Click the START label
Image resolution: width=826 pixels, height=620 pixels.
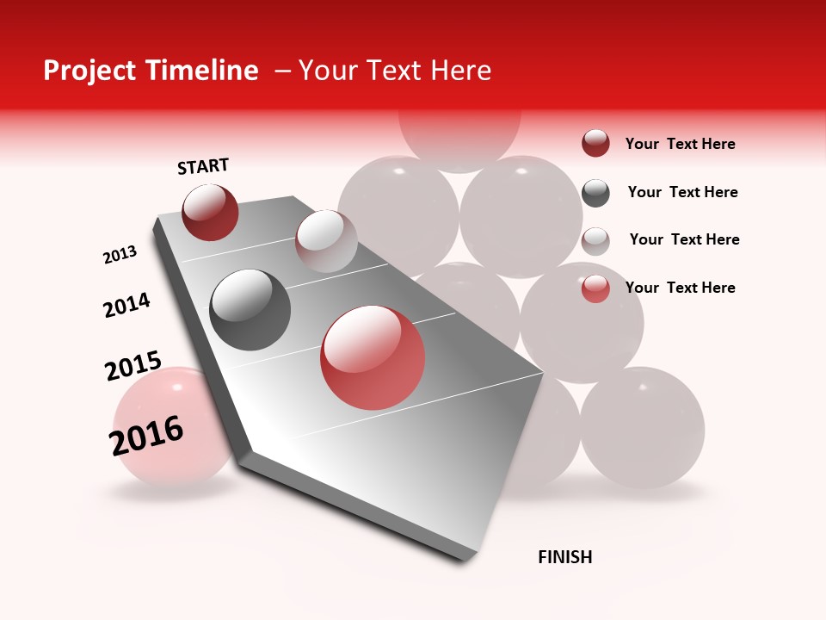(203, 166)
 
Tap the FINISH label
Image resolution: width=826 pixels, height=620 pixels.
(564, 557)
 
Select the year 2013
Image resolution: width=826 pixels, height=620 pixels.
(120, 255)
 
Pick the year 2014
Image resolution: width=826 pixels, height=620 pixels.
(126, 305)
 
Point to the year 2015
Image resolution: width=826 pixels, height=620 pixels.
(133, 366)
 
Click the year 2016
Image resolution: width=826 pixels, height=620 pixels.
(146, 435)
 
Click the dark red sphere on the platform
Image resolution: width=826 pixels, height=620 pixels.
(210, 212)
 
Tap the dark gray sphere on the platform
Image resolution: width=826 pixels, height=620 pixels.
(250, 310)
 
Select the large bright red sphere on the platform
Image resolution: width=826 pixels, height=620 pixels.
(373, 357)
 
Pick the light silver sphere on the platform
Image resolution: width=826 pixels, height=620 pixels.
(326, 240)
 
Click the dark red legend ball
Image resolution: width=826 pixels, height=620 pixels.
(595, 144)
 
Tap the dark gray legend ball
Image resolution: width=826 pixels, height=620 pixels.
(595, 193)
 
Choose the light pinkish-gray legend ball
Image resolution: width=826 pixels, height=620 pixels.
(595, 241)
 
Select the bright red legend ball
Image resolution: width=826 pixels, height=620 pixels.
(595, 288)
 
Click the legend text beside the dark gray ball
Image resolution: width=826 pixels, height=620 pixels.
(682, 192)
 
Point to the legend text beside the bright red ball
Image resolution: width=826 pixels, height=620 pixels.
(680, 288)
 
